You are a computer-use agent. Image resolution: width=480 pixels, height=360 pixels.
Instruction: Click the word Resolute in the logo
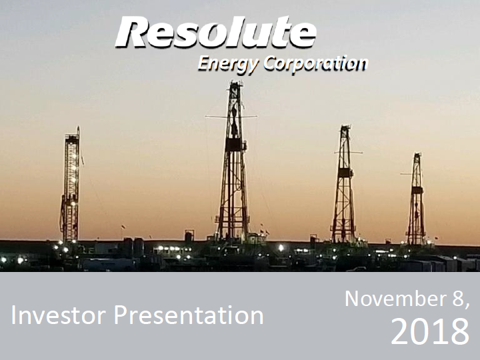[216, 32]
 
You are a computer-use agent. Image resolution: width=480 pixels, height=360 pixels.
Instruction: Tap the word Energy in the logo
[228, 64]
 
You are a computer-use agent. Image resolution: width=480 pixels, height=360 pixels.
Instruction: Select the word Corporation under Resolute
[315, 63]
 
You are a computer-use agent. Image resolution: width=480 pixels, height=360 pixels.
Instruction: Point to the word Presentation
[189, 315]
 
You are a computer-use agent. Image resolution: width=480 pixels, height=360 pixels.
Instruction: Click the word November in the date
[395, 299]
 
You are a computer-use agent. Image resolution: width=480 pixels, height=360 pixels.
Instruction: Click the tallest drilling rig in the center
[233, 162]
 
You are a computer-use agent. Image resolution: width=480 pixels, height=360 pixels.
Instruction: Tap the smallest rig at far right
[416, 199]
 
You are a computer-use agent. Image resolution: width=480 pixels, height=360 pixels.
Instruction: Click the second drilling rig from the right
[345, 184]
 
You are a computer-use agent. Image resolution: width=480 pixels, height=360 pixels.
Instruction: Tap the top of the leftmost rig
[73, 132]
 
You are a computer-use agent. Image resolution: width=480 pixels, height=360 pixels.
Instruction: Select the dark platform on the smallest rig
[417, 190]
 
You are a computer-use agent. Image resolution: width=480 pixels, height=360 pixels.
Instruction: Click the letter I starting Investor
[13, 315]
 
